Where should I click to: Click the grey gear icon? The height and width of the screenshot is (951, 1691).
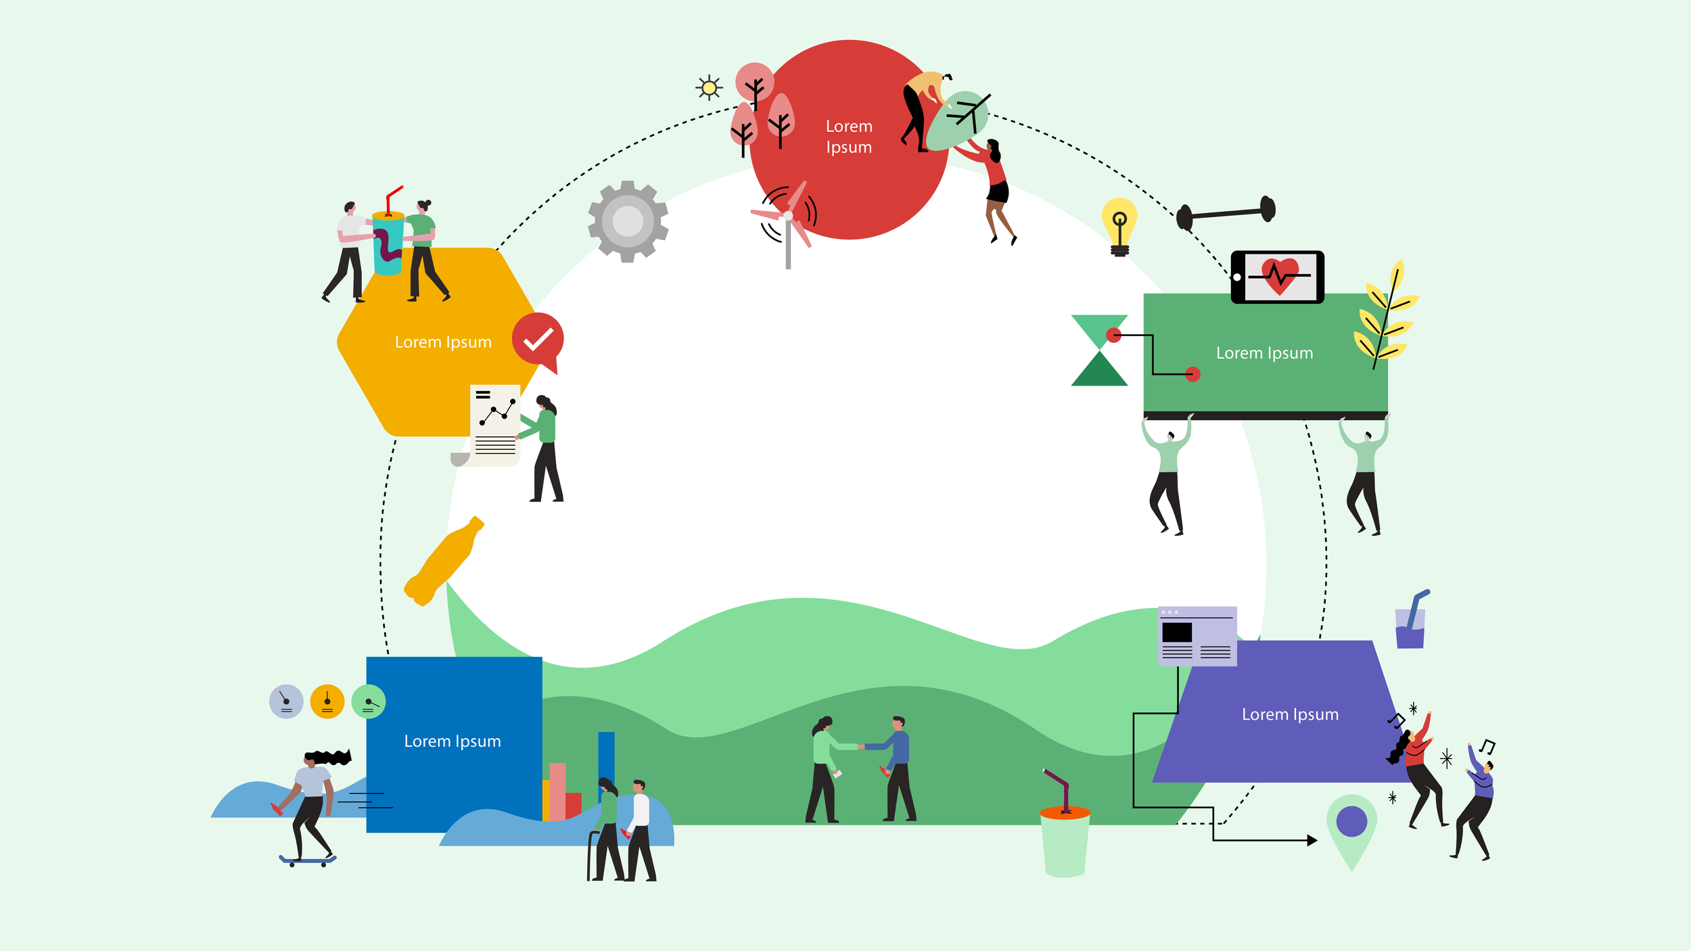628,221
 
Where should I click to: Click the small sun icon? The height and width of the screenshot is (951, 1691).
709,88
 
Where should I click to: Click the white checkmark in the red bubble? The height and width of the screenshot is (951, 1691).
538,339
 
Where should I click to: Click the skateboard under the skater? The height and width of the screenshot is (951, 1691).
308,861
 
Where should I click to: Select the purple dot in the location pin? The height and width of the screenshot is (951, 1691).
1351,822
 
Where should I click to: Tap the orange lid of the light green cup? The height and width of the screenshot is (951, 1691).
1065,812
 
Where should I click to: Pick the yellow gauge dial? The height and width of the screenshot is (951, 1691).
327,701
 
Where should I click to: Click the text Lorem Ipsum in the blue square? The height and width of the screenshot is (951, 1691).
453,741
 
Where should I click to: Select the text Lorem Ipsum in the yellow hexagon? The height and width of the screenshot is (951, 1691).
443,342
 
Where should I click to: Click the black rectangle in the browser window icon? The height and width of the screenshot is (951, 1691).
1177,632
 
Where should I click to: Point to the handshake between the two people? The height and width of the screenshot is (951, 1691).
860,747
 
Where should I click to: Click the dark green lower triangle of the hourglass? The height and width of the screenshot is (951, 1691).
1099,371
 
